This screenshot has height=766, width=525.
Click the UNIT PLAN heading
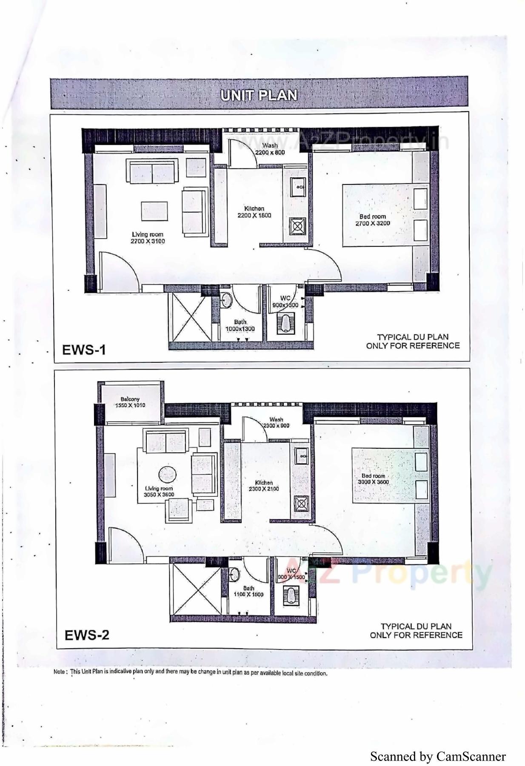[x=259, y=94]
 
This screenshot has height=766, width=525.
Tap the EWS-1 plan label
[x=84, y=350]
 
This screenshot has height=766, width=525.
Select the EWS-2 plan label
[x=87, y=635]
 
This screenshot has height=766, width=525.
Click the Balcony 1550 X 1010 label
[x=130, y=402]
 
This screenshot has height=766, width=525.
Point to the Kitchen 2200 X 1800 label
[x=254, y=212]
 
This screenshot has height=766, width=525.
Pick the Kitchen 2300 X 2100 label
[x=264, y=486]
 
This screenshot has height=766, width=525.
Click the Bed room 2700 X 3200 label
[x=373, y=220]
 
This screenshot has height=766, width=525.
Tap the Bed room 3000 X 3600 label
[x=373, y=479]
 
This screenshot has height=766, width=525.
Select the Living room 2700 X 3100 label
[x=147, y=238]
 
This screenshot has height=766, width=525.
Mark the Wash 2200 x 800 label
[x=270, y=149]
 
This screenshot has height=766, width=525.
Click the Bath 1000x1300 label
[x=240, y=325]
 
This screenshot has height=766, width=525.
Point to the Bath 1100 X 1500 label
[x=248, y=591]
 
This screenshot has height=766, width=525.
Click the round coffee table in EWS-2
[x=167, y=475]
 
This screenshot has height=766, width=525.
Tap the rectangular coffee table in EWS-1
[x=154, y=211]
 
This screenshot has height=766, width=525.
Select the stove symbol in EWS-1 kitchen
[x=297, y=225]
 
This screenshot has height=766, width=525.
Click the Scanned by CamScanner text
[x=438, y=757]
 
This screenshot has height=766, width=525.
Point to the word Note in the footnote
[x=60, y=672]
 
